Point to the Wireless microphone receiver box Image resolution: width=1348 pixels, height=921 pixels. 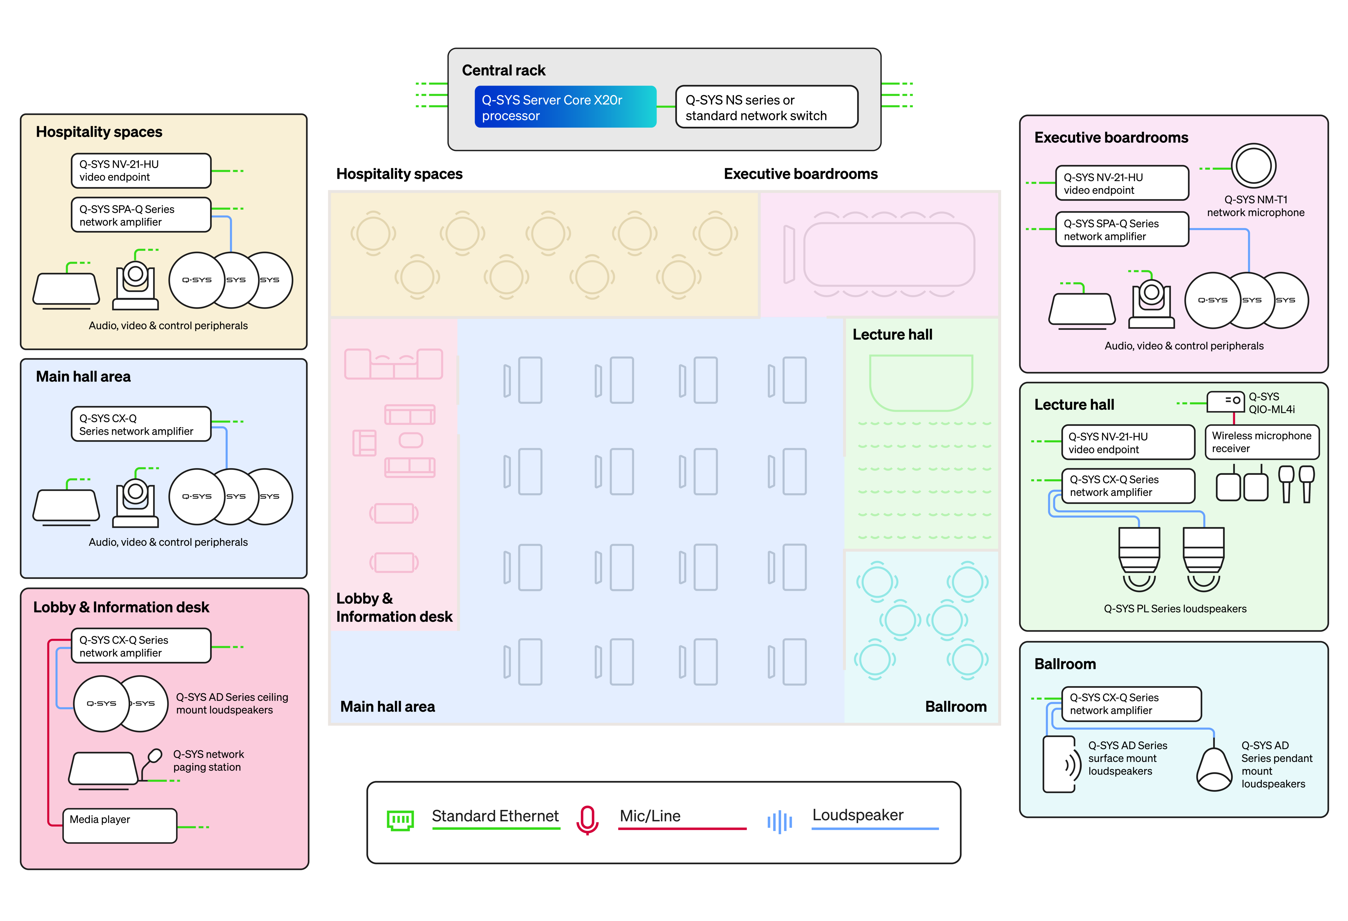[x=1261, y=442]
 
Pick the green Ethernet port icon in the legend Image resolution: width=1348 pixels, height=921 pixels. [x=400, y=820]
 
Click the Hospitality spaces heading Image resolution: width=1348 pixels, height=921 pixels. [x=99, y=132]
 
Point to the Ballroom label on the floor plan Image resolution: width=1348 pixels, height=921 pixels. [x=955, y=706]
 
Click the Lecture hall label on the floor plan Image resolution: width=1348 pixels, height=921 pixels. [x=892, y=335]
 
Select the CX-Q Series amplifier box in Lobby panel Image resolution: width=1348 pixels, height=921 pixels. [x=141, y=646]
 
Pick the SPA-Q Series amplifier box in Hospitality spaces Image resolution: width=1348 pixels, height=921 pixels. [x=141, y=215]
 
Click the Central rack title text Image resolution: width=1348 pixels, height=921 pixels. [x=503, y=71]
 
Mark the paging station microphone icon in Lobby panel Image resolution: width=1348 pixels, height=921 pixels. [x=154, y=757]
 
